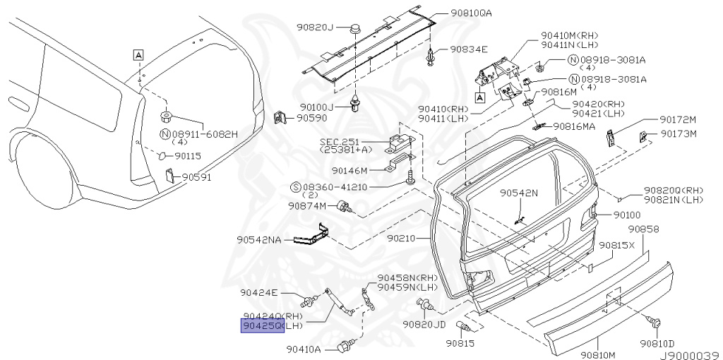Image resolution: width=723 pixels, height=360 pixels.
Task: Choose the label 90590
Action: (311, 118)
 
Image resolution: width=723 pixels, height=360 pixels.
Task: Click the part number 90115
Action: (188, 156)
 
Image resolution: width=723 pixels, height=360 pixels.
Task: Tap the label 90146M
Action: (349, 170)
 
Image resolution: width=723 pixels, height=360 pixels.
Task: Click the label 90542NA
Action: (259, 240)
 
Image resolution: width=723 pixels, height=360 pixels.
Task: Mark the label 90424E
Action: (259, 292)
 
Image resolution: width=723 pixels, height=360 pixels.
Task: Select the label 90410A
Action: (304, 349)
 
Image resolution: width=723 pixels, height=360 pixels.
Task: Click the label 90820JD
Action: (424, 325)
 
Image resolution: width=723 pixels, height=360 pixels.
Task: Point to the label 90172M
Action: (679, 119)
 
